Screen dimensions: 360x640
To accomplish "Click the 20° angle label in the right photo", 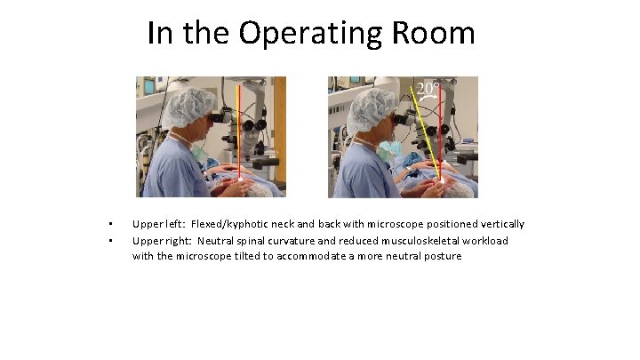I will coord(428,88).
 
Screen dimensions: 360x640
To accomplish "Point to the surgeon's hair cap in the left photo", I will coord(191,107).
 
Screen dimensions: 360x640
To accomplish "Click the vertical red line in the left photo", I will coord(238,133).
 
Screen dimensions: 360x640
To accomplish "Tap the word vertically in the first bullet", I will coord(500,224).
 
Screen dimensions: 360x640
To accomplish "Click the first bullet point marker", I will coord(109,224).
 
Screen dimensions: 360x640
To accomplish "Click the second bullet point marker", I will coord(109,240).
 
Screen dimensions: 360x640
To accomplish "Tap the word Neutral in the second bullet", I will coord(217,240).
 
